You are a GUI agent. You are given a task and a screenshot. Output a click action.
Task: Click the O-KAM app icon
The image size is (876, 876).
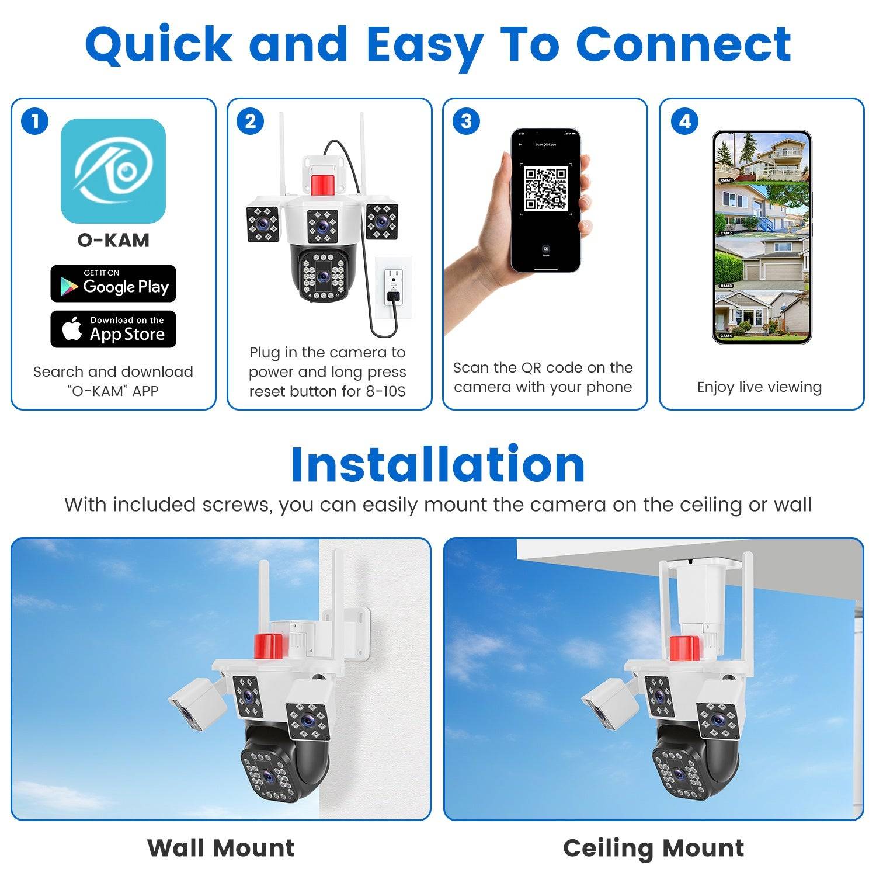point(113,171)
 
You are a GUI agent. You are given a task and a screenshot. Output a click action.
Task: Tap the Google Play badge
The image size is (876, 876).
point(113,284)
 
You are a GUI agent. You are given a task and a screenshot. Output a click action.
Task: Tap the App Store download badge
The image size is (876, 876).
point(113,329)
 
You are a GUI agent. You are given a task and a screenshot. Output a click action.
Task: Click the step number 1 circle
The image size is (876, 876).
point(34,121)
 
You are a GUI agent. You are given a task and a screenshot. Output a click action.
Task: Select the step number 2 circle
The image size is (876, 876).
point(251,121)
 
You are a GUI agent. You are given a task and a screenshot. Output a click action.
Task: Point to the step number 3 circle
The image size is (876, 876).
point(466,121)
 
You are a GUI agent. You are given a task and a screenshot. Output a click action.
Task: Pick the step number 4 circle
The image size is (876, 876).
point(684,121)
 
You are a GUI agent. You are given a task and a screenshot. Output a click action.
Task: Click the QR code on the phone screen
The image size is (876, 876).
point(545,189)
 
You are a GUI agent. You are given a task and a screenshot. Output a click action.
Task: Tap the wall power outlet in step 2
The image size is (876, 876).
point(393,286)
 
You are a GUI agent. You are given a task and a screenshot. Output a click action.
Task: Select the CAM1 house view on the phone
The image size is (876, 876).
point(762,158)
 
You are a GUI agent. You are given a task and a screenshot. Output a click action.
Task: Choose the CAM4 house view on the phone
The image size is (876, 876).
point(762,315)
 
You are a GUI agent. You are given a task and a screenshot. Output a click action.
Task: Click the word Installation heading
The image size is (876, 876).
point(437,465)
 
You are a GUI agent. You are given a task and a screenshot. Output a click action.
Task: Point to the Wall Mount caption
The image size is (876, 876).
point(221,848)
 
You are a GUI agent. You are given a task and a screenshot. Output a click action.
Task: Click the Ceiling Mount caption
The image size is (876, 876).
point(653,848)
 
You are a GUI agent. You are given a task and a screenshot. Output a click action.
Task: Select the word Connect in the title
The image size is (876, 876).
point(683,44)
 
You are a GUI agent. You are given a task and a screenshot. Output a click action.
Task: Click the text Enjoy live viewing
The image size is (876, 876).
point(759,387)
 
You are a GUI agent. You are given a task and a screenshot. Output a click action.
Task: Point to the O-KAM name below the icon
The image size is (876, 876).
point(113,240)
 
